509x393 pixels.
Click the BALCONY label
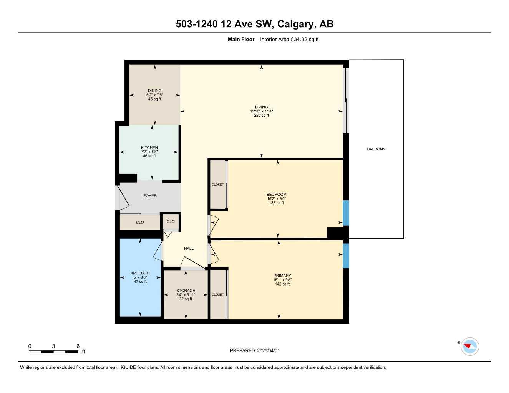click(376, 149)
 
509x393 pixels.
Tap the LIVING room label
click(261, 107)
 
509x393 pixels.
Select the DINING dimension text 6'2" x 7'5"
click(154, 95)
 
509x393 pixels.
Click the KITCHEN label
click(149, 147)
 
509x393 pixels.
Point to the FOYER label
click(150, 196)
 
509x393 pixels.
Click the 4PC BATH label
click(140, 273)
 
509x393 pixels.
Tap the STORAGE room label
click(186, 291)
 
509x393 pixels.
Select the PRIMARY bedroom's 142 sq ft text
click(282, 284)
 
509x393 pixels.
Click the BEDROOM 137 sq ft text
click(277, 203)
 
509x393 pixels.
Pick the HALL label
click(189, 248)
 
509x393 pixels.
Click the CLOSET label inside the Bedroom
click(217, 185)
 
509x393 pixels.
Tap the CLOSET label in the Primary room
click(217, 294)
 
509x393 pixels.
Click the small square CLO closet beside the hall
click(171, 221)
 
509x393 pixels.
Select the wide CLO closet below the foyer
click(140, 223)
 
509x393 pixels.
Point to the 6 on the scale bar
click(78, 346)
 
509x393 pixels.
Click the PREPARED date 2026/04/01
click(268, 350)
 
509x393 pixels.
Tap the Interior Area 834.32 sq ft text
click(289, 39)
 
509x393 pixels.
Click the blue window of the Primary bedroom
click(346, 255)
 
